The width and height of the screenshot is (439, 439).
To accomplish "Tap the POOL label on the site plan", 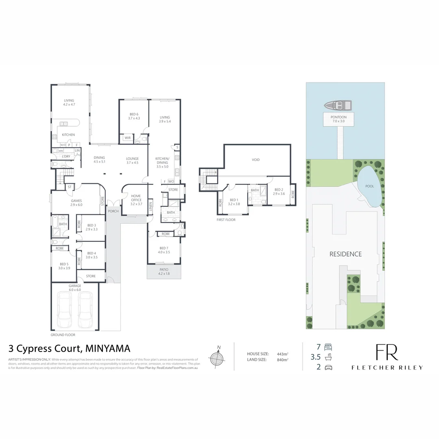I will tap(369, 186).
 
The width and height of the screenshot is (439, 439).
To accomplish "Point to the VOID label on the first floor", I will tap(256, 160).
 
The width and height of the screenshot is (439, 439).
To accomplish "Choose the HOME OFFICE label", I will tap(136, 198).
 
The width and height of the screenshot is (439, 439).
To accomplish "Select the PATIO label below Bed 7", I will tap(163, 269).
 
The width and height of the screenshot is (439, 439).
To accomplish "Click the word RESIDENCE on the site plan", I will tap(345, 254).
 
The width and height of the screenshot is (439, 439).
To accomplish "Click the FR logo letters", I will tap(387, 352).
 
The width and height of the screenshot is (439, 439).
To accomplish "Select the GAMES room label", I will tap(76, 201).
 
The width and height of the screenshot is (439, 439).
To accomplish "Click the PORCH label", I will tap(113, 211).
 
